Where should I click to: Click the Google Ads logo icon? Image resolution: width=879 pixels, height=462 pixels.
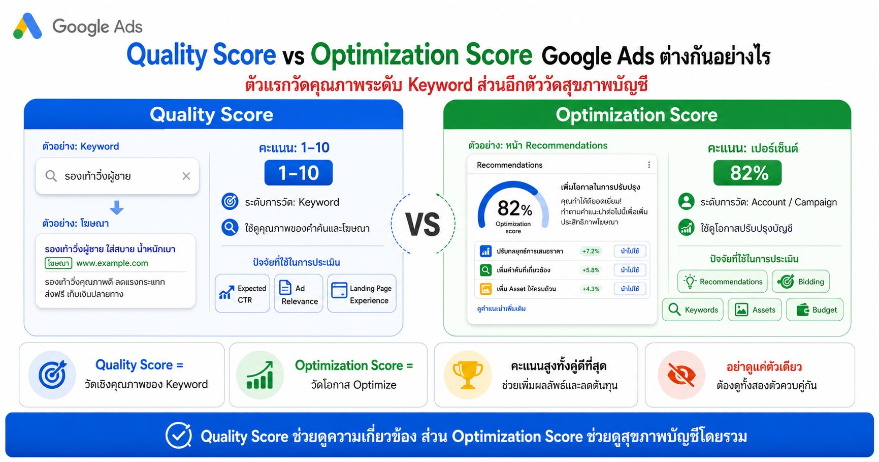tap(27, 26)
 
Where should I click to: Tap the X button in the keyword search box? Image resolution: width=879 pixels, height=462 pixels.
tap(186, 176)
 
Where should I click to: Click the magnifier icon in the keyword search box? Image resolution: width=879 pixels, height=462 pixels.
tap(51, 176)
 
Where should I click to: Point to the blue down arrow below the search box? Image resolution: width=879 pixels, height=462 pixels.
tap(117, 207)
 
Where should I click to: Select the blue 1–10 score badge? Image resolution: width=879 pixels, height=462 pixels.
tap(299, 173)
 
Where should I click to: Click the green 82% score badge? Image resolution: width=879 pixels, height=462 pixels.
tap(747, 173)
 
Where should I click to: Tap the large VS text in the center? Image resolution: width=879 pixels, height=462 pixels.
tap(422, 225)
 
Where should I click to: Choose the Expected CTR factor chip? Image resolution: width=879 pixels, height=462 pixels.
tap(243, 293)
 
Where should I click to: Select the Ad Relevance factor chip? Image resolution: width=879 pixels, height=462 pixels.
tap(299, 293)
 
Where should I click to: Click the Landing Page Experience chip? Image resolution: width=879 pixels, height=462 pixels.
tap(362, 293)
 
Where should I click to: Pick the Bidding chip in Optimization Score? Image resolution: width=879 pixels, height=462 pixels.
tap(801, 282)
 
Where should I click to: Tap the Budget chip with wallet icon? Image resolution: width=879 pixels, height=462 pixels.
tap(815, 310)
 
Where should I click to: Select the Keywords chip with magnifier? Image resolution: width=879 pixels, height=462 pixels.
tap(693, 310)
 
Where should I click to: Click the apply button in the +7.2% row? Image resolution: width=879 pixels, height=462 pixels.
tap(630, 251)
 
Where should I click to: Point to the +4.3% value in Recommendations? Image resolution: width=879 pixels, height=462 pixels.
tap(591, 289)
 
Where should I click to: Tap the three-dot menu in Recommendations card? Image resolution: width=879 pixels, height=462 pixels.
tap(649, 165)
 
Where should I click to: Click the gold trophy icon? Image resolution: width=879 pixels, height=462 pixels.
tap(468, 375)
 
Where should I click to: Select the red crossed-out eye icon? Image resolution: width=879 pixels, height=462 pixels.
tap(681, 375)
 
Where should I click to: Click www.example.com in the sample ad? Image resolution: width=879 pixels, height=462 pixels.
tap(112, 263)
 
